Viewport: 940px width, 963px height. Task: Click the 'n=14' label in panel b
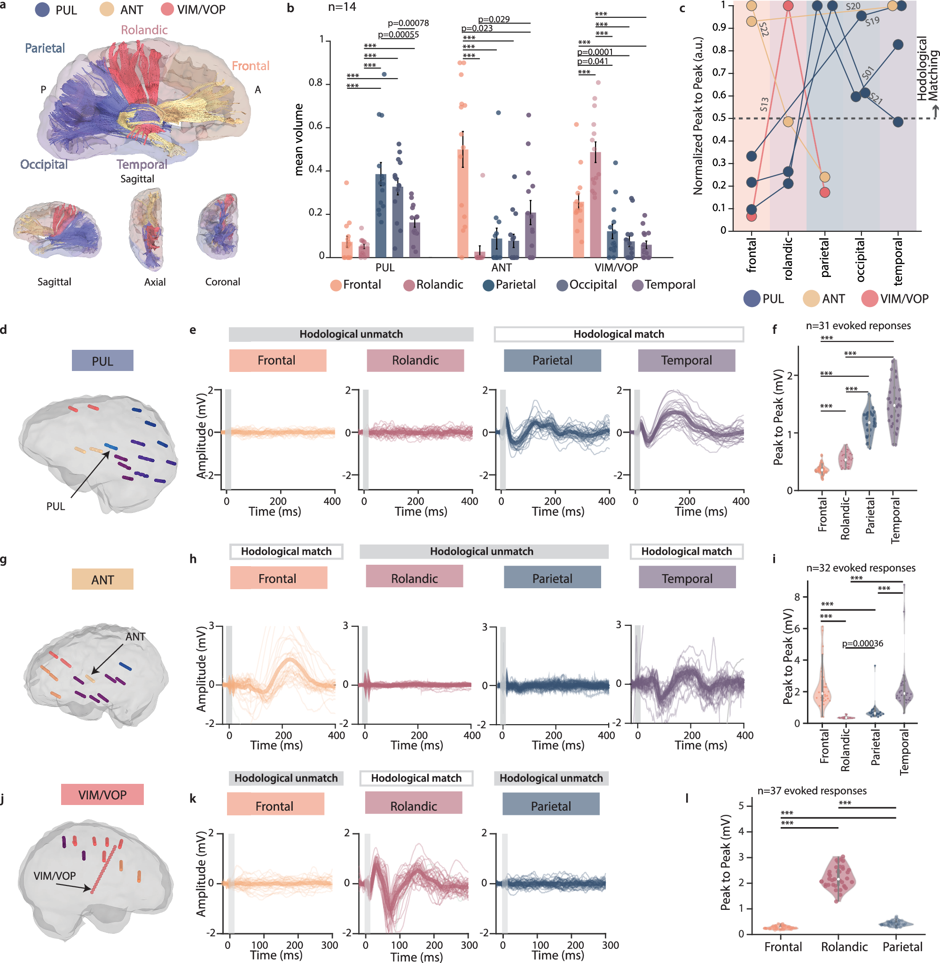(342, 8)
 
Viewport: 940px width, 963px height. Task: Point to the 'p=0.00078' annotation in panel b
(408, 23)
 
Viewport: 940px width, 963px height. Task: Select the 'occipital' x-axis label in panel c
(861, 260)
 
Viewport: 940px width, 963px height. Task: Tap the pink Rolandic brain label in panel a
(144, 30)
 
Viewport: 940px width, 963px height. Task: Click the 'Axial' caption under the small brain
(155, 282)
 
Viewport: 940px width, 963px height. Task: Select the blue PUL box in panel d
(102, 361)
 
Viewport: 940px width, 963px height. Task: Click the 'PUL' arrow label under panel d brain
(55, 506)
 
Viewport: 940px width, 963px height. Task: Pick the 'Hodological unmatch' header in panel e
(351, 334)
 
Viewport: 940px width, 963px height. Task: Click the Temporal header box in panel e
(686, 361)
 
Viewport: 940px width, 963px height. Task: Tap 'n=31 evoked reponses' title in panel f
(858, 326)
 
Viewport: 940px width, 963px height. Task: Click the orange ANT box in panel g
(102, 579)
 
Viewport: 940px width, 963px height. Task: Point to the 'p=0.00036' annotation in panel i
(862, 643)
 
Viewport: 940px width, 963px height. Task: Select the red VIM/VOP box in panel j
(102, 795)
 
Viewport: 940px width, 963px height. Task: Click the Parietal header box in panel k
(550, 806)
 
